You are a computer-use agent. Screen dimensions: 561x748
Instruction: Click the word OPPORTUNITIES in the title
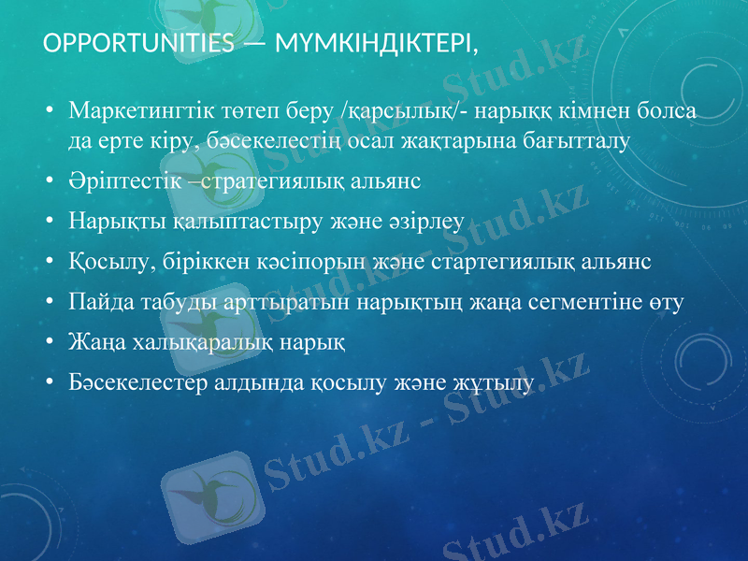coord(139,44)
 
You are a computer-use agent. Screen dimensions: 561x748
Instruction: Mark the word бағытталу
coord(575,141)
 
